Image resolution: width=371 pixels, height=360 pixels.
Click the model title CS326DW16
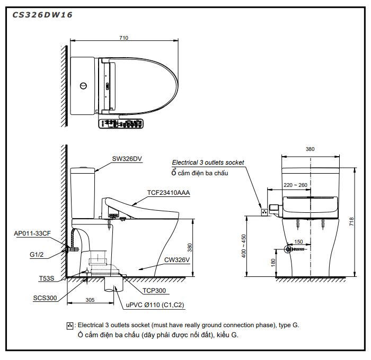point(42,15)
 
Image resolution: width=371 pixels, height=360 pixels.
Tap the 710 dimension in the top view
point(123,38)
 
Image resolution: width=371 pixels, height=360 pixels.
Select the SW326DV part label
point(127,158)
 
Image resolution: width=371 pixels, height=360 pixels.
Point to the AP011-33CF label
point(32,233)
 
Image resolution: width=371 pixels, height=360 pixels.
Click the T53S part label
point(47,277)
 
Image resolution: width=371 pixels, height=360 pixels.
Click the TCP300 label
point(154,291)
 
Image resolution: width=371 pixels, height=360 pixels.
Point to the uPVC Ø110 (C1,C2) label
point(155,305)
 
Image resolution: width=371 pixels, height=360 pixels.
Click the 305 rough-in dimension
point(90,300)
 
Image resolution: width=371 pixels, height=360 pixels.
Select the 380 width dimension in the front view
point(310,150)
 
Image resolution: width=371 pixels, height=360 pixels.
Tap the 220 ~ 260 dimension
point(295,185)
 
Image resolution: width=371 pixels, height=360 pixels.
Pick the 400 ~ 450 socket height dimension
point(243,246)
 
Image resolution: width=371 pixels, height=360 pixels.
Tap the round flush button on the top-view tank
point(83,86)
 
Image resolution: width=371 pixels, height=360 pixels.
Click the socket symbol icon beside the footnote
point(69,325)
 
